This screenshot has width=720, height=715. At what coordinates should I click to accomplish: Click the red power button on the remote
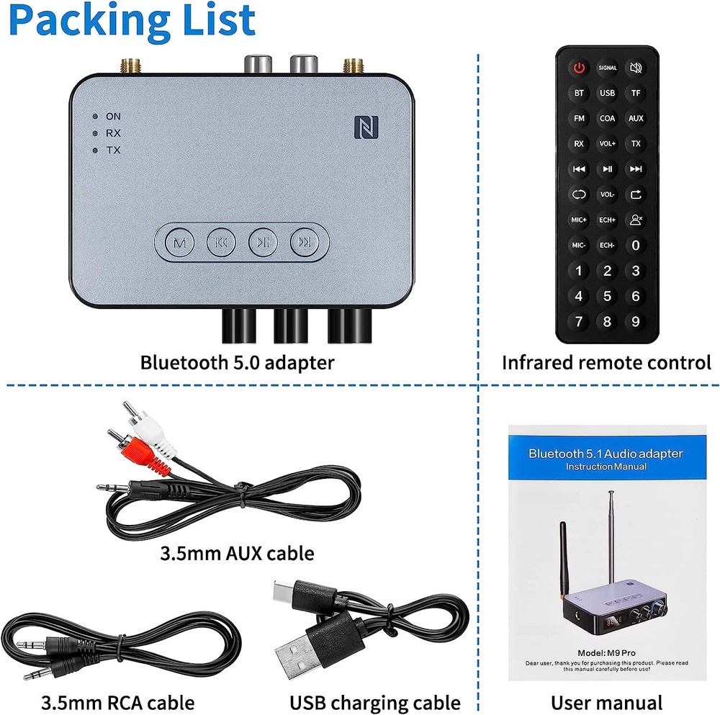[579, 68]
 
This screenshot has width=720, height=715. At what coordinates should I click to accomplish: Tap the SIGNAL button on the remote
[607, 68]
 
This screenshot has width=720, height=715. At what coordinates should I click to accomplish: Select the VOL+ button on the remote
[607, 144]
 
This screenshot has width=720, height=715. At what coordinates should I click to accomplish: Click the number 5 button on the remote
[607, 296]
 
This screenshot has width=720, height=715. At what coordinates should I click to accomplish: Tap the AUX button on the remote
[635, 118]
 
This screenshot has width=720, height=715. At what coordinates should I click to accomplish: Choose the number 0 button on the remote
[635, 246]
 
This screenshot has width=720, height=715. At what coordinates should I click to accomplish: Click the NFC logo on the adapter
[364, 127]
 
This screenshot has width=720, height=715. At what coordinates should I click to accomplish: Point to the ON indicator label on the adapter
[113, 116]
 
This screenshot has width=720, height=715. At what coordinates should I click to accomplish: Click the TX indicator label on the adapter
[113, 150]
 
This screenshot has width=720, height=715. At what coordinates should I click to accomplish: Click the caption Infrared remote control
[606, 362]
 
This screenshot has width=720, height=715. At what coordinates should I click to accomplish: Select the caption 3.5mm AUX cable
[237, 553]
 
